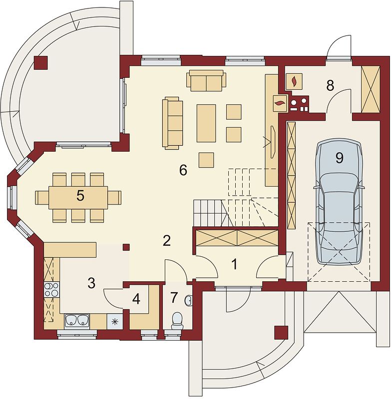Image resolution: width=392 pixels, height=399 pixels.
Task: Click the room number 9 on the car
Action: (339, 158)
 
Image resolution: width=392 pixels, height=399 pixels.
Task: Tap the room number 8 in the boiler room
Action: (330, 85)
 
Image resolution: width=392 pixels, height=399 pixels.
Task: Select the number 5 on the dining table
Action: (80, 196)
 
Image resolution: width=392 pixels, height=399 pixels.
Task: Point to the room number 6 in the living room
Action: (183, 170)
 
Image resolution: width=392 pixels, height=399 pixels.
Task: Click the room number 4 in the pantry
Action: (136, 299)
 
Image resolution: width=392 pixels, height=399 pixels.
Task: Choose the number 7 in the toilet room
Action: (173, 298)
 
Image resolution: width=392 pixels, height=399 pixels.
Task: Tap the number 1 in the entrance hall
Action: (234, 264)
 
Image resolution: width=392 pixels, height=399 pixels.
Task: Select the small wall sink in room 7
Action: (189, 300)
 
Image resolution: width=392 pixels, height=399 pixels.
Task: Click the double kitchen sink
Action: (77, 320)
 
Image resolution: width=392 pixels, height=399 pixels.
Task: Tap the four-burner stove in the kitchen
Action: (52, 290)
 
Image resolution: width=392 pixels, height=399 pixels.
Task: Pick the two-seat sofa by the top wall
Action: (206, 80)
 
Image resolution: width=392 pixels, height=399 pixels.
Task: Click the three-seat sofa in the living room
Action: (172, 123)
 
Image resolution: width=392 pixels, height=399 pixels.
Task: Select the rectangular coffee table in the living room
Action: (206, 123)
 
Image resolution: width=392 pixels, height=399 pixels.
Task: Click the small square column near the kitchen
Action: (126, 247)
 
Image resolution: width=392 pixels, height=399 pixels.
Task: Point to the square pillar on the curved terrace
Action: (41, 63)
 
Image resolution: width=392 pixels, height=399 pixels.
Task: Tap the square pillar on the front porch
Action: (281, 333)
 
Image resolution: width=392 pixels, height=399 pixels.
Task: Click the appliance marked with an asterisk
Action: (115, 321)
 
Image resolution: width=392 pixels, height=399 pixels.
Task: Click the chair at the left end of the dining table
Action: (42, 198)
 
